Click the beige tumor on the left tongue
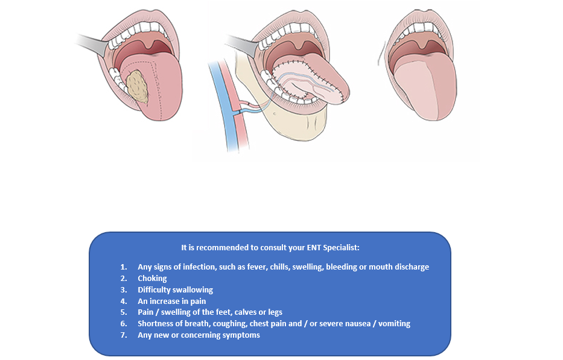[x=141, y=85]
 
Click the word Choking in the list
[x=152, y=278]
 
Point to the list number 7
[x=123, y=335]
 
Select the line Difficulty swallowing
[x=175, y=289]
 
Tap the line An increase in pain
[x=171, y=301]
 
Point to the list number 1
[x=123, y=267]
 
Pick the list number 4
[x=123, y=301]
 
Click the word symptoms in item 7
[x=241, y=335]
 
